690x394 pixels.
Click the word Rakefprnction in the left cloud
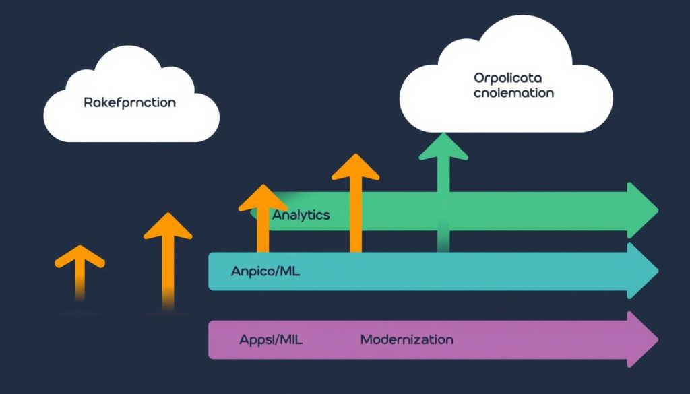pos(130,103)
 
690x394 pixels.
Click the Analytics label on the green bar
pos(301,215)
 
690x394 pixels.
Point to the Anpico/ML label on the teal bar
pos(265,272)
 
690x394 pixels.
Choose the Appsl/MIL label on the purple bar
pos(271,339)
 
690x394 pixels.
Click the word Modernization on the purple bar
pos(406,339)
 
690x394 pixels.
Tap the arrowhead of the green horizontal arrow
pos(641,209)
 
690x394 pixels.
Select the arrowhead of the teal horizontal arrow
pos(641,271)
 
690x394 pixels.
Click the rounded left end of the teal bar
pos(214,271)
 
